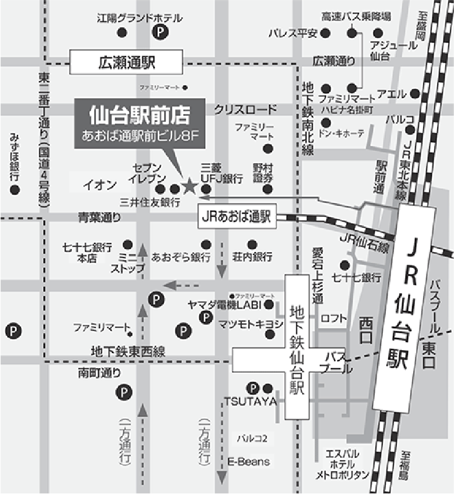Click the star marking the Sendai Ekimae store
click(x=189, y=186)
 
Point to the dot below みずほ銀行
click(x=15, y=190)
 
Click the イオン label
click(x=100, y=185)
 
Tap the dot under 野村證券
click(x=268, y=189)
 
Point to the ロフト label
click(x=333, y=319)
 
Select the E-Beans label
click(x=249, y=461)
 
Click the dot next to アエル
click(x=414, y=94)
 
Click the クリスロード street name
click(x=245, y=109)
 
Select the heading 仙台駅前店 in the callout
click(x=140, y=114)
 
